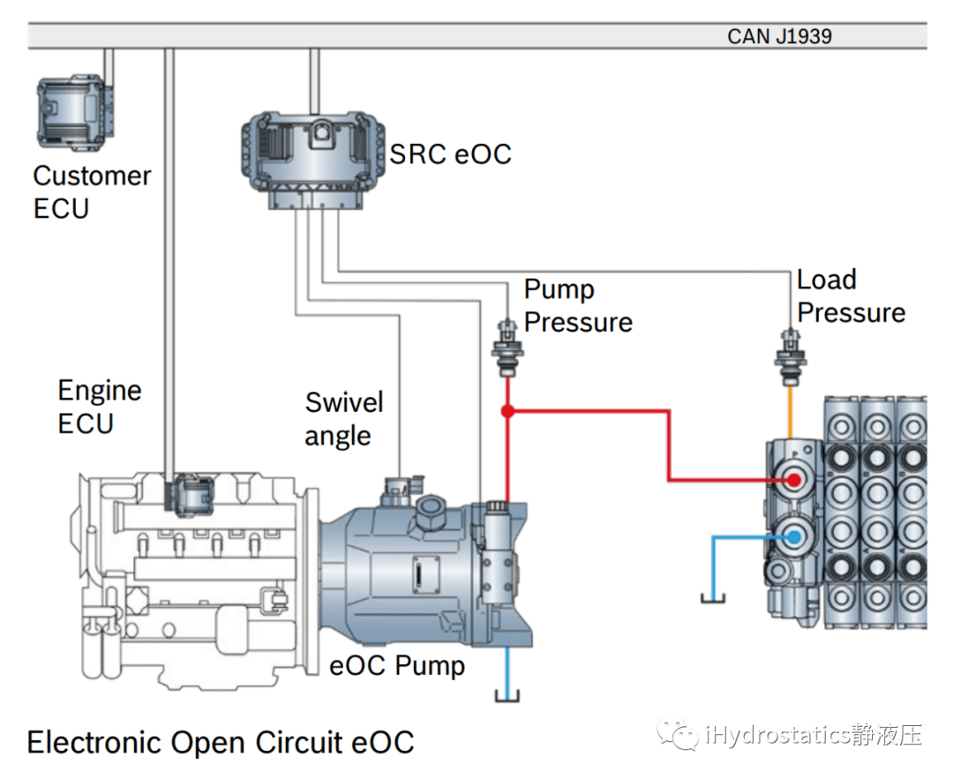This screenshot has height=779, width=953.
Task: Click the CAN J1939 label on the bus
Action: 779,36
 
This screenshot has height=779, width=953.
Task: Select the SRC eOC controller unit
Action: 313,158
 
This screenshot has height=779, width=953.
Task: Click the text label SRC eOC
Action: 451,154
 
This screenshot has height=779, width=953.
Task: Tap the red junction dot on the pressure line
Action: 507,411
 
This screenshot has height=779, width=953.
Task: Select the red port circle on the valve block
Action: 793,480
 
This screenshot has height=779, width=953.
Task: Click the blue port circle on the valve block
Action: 793,536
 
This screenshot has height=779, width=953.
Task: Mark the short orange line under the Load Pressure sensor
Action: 790,411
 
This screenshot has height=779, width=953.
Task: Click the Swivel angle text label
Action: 344,419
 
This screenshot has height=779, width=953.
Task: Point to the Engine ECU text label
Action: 99,407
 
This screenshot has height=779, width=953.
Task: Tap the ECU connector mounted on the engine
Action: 191,494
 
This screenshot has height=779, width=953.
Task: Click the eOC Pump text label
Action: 397,664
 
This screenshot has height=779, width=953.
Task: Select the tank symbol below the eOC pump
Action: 507,698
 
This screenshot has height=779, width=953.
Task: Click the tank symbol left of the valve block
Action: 713,599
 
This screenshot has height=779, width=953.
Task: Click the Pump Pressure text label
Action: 578,305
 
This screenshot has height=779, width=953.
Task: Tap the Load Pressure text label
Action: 851,296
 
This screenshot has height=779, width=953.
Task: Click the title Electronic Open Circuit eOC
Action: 221,742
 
